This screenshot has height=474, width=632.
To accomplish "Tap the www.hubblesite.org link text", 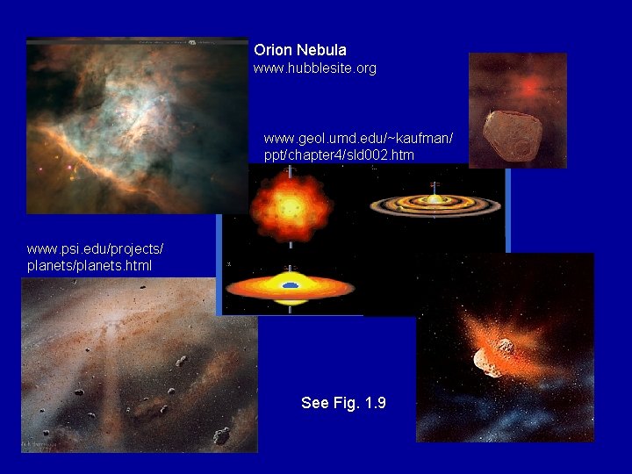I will click(314, 68).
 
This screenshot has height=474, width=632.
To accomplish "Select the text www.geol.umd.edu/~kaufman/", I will click(357, 139).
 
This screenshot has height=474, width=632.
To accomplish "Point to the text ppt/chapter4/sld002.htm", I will click(340, 154).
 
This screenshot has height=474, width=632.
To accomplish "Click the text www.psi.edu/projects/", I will click(95, 249).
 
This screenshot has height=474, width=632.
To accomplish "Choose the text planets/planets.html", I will click(90, 265).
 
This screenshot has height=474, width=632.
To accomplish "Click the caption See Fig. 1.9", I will click(343, 403).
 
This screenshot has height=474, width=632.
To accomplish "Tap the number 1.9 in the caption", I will click(375, 403).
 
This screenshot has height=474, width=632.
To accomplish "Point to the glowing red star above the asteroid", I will click(528, 87).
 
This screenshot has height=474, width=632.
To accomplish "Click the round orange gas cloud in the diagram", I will click(291, 207).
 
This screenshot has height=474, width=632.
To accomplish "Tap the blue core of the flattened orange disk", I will click(291, 285).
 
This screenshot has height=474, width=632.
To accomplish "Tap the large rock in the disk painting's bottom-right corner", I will click(221, 434).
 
